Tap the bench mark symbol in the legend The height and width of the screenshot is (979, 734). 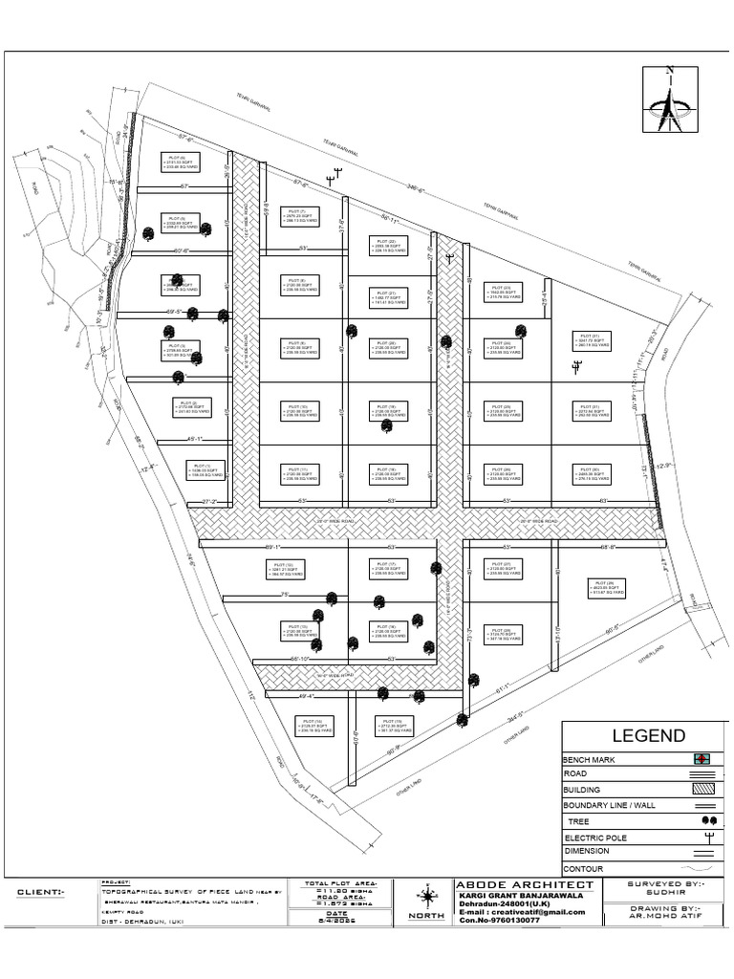point(703,759)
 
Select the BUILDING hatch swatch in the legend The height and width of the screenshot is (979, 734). point(702,790)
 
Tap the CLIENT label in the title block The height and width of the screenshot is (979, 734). point(41,892)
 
